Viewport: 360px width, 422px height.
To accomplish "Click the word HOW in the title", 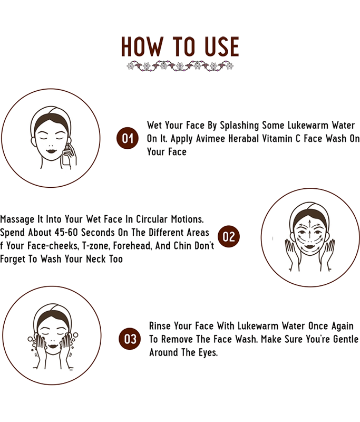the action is [142, 47].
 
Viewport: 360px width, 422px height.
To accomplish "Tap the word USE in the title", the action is [222, 47].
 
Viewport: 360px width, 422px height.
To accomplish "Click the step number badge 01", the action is [128, 138].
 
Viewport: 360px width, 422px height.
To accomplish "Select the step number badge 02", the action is [229, 236].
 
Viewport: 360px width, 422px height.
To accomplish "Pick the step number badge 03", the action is [130, 339].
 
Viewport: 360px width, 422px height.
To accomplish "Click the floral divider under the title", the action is [180, 65].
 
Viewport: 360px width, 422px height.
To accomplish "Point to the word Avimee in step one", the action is [210, 139].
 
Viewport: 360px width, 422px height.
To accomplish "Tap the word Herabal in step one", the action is [244, 139].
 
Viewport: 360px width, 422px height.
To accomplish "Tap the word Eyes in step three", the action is [208, 352].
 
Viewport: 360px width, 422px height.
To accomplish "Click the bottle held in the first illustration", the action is [66, 159].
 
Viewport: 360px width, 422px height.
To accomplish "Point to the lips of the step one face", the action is [51, 151].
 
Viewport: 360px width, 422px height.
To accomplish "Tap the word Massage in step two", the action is [17, 219].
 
